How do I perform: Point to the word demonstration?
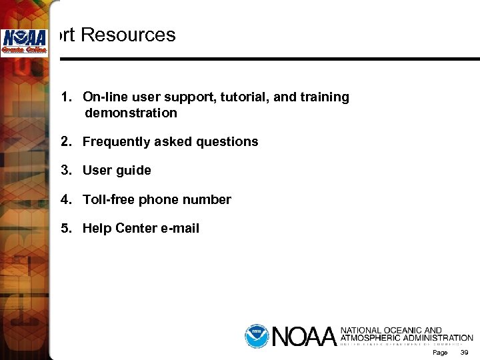[131, 113]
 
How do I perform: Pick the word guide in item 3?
[134, 171]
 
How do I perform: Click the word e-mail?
[180, 229]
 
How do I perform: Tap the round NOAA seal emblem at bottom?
[256, 335]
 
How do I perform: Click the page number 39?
[465, 352]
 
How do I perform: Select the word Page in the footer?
[440, 352]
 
